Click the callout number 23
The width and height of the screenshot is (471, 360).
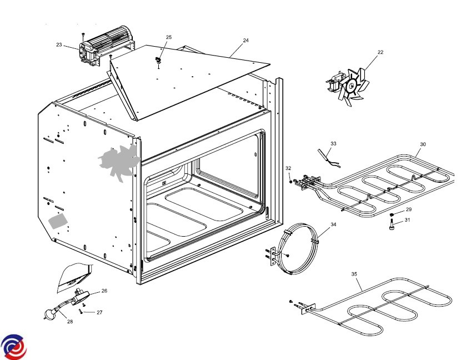59,45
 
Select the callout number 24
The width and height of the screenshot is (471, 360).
245,41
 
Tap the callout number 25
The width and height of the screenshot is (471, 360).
169,37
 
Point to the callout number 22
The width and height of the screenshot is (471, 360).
380,52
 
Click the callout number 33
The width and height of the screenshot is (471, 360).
333,143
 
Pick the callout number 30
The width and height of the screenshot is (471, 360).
423,144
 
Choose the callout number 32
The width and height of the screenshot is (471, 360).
288,168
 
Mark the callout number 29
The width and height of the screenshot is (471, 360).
408,209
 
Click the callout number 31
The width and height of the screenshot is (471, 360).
407,220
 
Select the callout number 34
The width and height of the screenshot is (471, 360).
333,225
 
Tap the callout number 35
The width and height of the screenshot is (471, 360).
354,274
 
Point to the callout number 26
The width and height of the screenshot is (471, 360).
104,291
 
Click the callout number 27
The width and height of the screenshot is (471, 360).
99,312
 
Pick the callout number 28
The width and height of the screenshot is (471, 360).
70,321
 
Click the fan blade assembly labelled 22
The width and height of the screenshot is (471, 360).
352,86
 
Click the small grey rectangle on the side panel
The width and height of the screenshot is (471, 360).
58,221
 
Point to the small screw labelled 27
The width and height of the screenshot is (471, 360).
81,311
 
